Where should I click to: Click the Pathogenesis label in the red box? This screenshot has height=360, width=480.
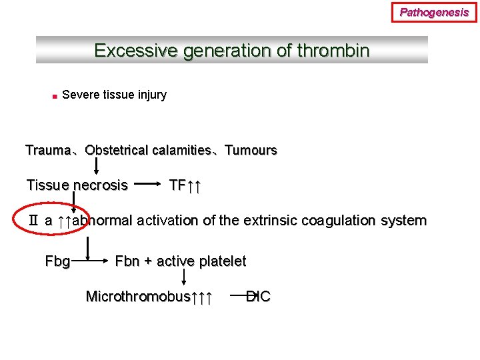pyautogui.click(x=434, y=12)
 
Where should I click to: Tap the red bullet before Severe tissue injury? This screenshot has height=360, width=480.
pyautogui.click(x=53, y=96)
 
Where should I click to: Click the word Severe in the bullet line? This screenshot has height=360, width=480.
pyautogui.click(x=81, y=95)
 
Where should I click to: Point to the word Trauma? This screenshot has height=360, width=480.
pyautogui.click(x=47, y=150)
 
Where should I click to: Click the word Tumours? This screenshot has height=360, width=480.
pyautogui.click(x=251, y=150)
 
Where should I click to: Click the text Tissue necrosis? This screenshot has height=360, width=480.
pyautogui.click(x=77, y=185)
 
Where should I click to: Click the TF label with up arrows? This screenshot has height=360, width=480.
pyautogui.click(x=185, y=185)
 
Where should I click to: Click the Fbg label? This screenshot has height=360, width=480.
pyautogui.click(x=57, y=261)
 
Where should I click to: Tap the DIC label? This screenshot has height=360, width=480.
pyautogui.click(x=259, y=297)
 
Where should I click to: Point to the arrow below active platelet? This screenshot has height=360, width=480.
pyautogui.click(x=203, y=279)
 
